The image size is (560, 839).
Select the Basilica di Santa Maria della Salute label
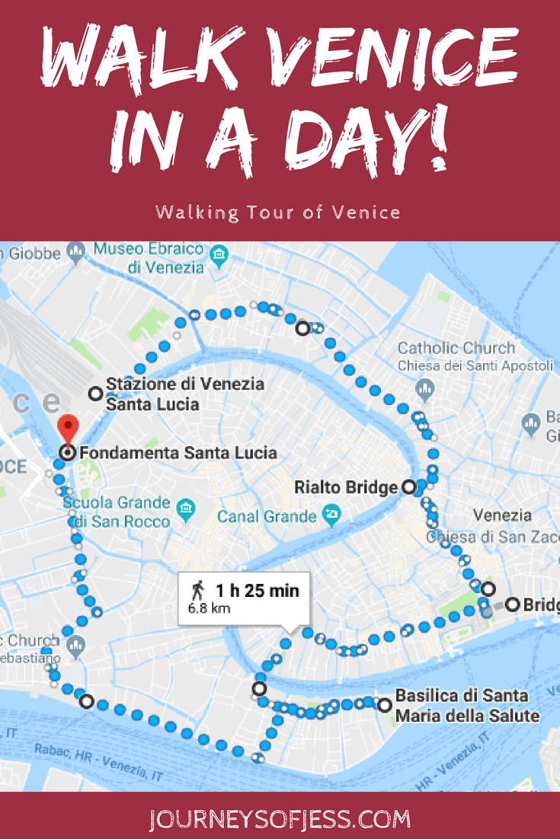pyautogui.click(x=467, y=707)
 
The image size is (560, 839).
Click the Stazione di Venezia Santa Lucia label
pyautogui.click(x=185, y=394)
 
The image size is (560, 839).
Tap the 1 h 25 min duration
pyautogui.click(x=257, y=590)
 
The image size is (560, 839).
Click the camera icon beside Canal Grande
pyautogui.click(x=331, y=514)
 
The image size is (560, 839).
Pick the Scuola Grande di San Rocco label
pyautogui.click(x=116, y=512)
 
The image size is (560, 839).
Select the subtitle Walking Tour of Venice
pyautogui.click(x=278, y=212)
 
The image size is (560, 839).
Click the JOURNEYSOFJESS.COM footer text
pyautogui.click(x=280, y=819)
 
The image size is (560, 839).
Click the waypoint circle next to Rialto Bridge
pyautogui.click(x=408, y=486)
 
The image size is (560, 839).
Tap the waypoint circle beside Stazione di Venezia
pyautogui.click(x=95, y=394)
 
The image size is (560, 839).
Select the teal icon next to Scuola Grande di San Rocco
pyautogui.click(x=184, y=507)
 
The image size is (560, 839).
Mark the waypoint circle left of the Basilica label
pyautogui.click(x=385, y=705)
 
